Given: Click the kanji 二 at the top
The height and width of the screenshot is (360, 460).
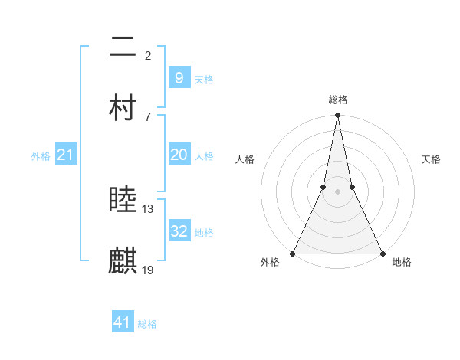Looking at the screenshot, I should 123,49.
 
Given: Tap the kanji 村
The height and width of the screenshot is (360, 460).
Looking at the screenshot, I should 123,108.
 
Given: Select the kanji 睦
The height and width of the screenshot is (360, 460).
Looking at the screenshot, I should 123,201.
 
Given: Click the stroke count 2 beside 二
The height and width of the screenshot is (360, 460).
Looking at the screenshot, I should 148,55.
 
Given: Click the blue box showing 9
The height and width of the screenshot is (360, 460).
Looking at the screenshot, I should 179,78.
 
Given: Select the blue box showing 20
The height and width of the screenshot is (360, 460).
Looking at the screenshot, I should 179,155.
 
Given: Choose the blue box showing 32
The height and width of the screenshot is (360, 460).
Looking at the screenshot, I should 179,231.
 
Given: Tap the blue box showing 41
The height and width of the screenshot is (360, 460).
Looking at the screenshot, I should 123,322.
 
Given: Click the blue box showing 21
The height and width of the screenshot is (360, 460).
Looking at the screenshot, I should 65,155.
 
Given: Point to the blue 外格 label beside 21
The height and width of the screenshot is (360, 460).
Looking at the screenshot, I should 41,156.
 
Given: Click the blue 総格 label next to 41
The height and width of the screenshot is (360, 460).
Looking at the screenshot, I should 147,324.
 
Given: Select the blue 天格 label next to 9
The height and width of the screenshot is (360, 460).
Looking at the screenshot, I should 204,80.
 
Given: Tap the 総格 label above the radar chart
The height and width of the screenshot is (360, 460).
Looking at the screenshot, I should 337,100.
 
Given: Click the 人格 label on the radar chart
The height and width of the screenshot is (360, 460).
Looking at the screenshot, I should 245,159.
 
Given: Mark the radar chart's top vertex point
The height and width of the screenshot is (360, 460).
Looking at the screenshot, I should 337,116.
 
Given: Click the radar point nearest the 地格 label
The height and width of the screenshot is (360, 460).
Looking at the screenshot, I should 382,254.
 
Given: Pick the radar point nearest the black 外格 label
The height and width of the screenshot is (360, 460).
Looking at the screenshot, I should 293,254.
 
